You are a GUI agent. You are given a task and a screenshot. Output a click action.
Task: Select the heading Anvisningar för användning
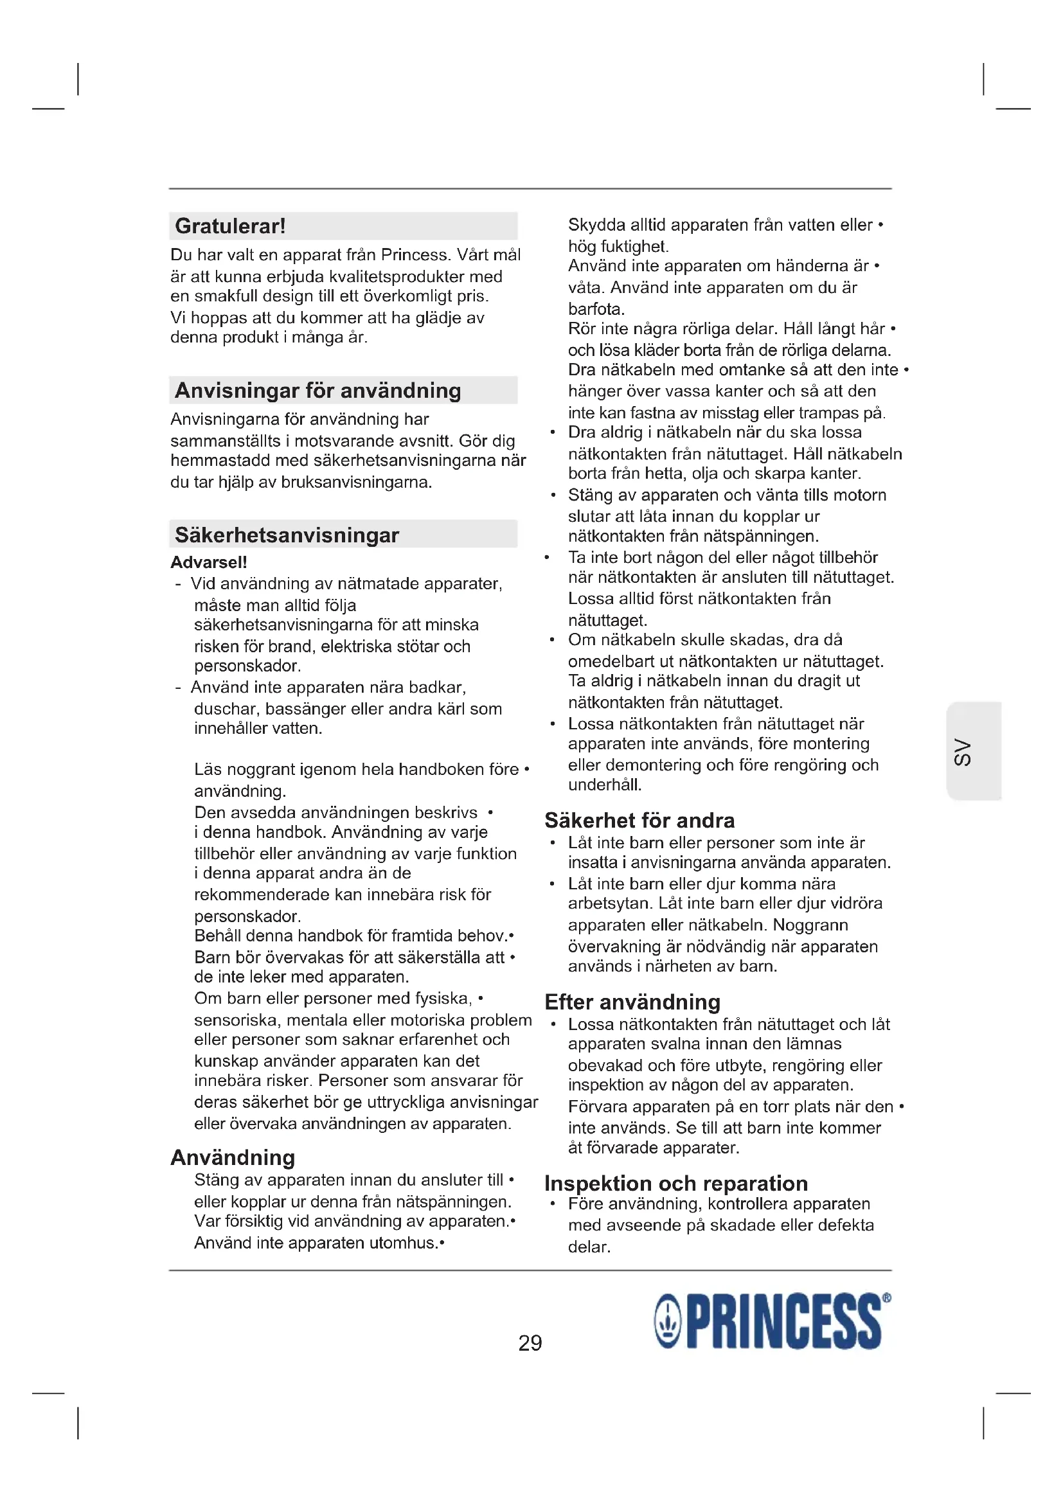[317, 391]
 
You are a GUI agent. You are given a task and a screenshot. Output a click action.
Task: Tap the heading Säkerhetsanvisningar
[287, 535]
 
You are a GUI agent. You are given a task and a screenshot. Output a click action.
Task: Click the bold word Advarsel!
[209, 562]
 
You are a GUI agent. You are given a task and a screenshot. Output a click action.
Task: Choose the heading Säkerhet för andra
[639, 820]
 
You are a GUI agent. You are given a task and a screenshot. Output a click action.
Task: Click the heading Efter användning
[632, 1002]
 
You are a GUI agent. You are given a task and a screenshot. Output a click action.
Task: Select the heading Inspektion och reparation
[676, 1183]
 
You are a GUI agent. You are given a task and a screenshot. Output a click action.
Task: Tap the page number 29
[530, 1343]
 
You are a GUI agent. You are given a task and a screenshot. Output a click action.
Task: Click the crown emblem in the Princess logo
[668, 1322]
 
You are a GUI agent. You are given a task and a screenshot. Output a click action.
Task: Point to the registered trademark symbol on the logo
[886, 1297]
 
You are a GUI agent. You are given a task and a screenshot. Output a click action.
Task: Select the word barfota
[596, 308]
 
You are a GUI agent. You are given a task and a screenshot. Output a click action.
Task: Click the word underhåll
[605, 785]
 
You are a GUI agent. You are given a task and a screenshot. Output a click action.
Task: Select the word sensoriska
[238, 1020]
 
